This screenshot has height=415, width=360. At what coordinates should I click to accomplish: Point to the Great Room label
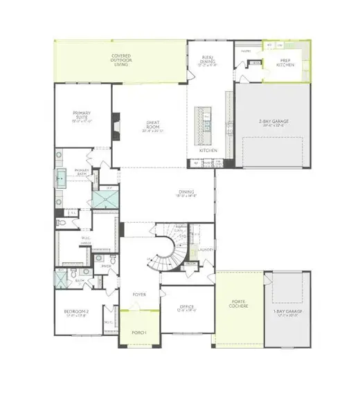point(153,127)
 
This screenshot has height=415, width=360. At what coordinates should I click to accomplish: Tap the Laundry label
point(204,251)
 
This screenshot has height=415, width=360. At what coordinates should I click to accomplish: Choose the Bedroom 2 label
point(75,312)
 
